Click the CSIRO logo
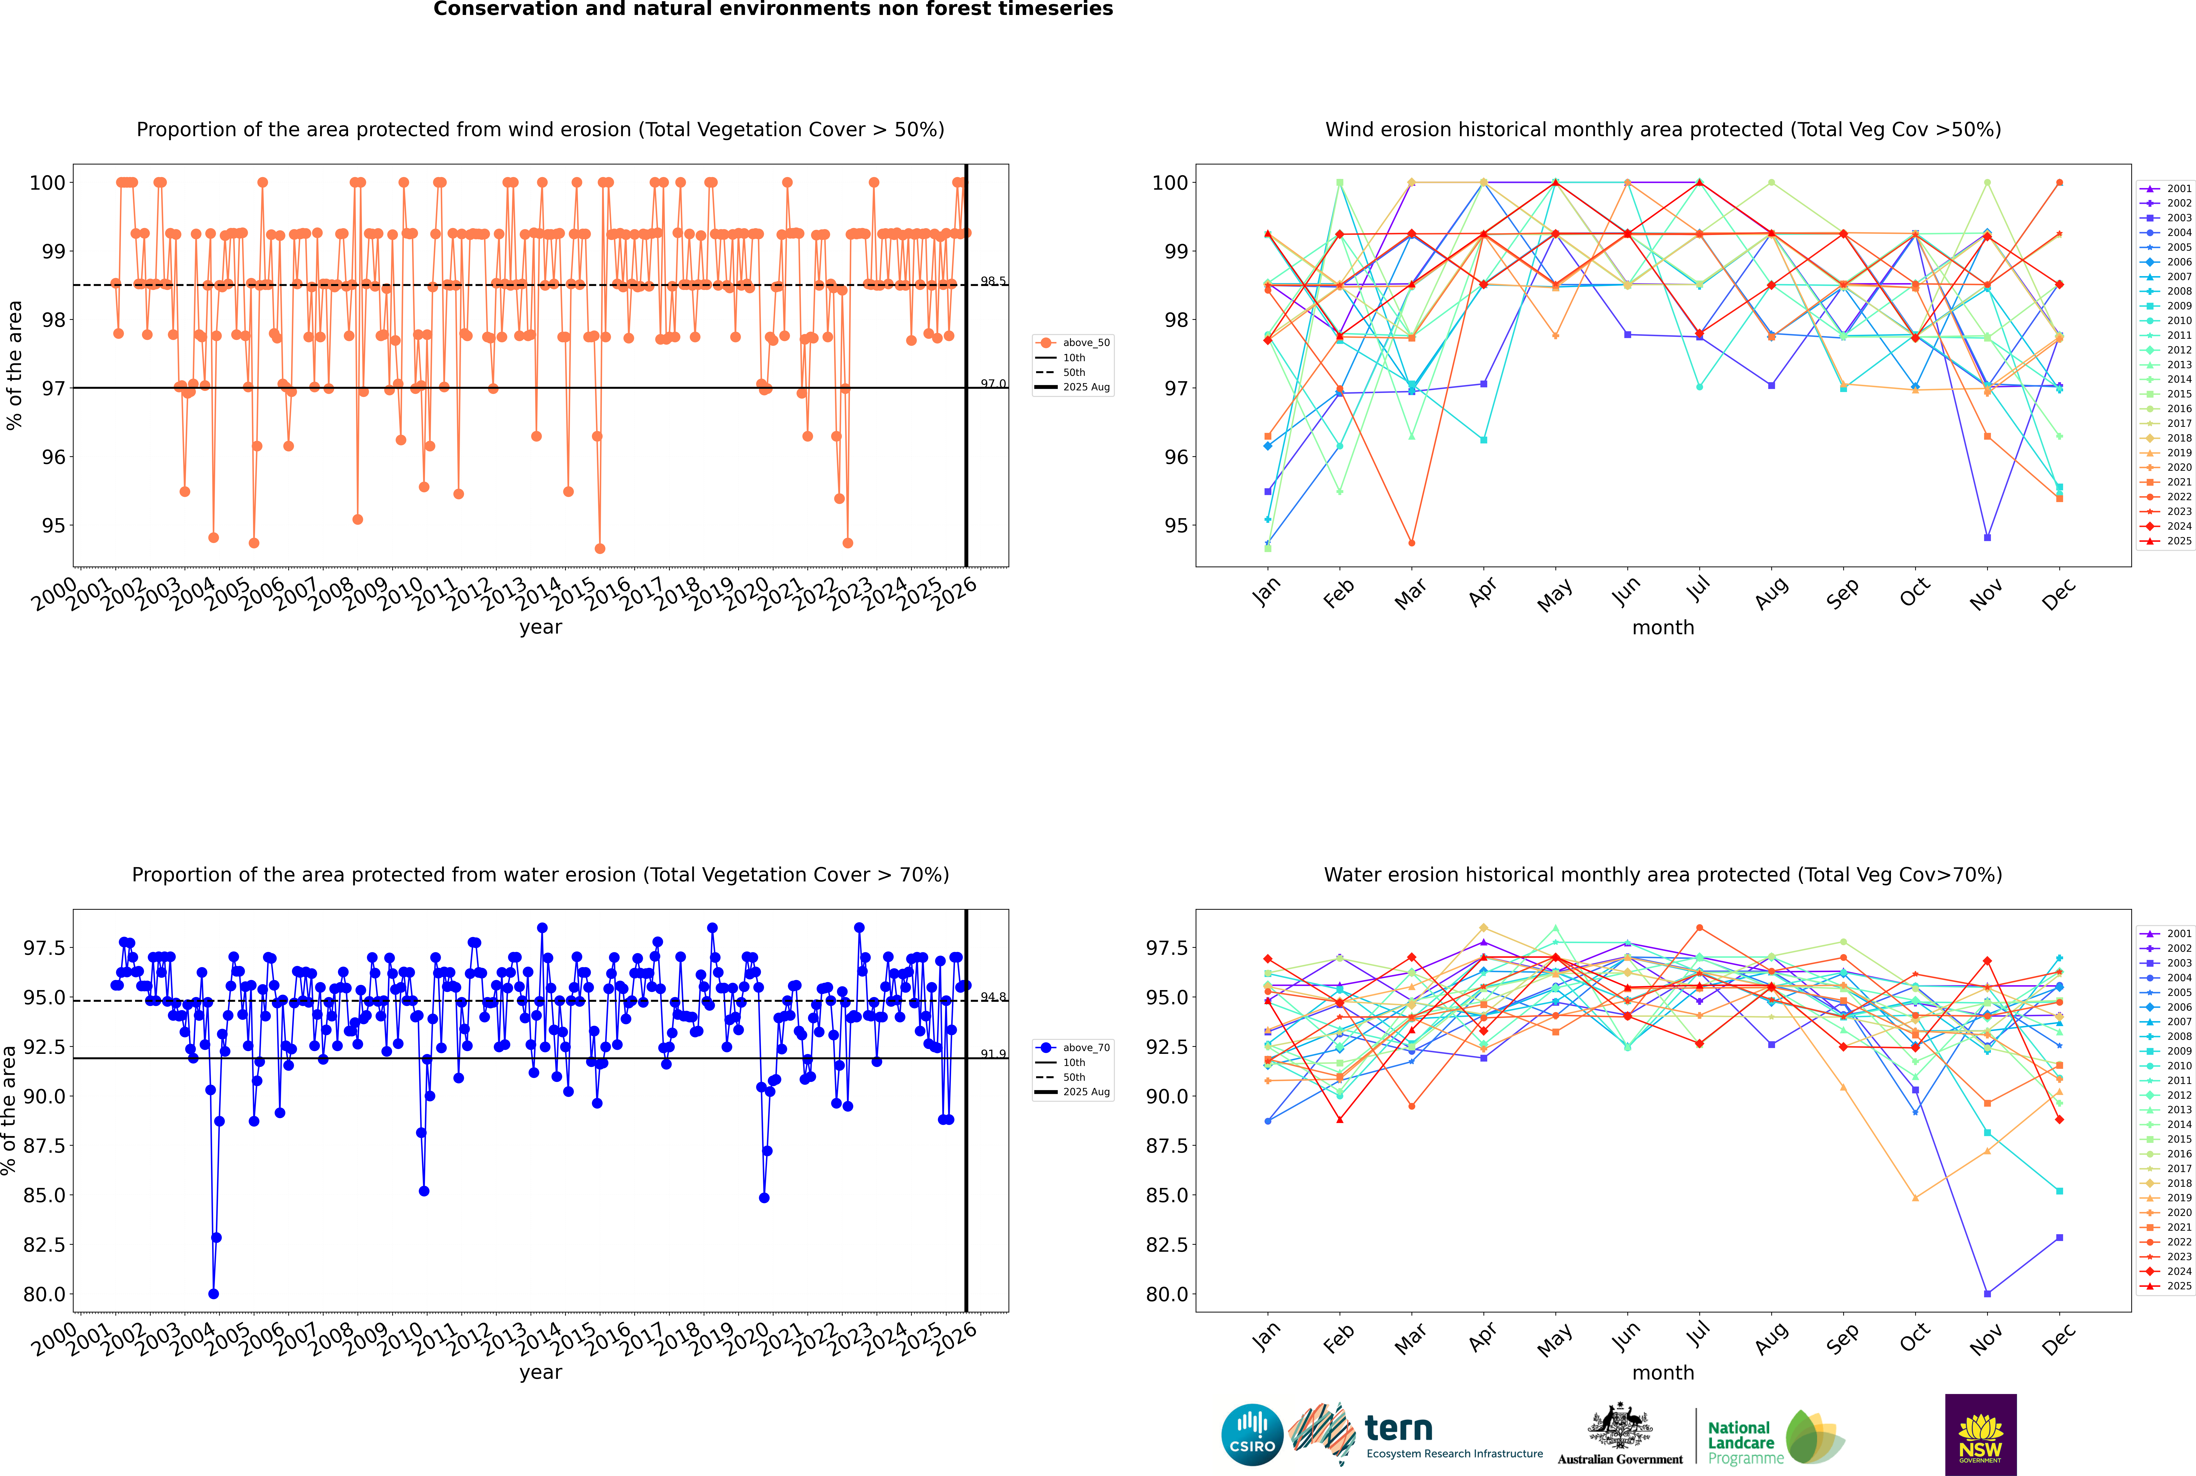(x=1252, y=1435)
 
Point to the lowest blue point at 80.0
(x=214, y=1293)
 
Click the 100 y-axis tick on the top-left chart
(x=47, y=183)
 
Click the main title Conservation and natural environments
(x=773, y=9)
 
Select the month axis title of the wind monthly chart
(x=1662, y=628)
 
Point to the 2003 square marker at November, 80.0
(x=1987, y=1293)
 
